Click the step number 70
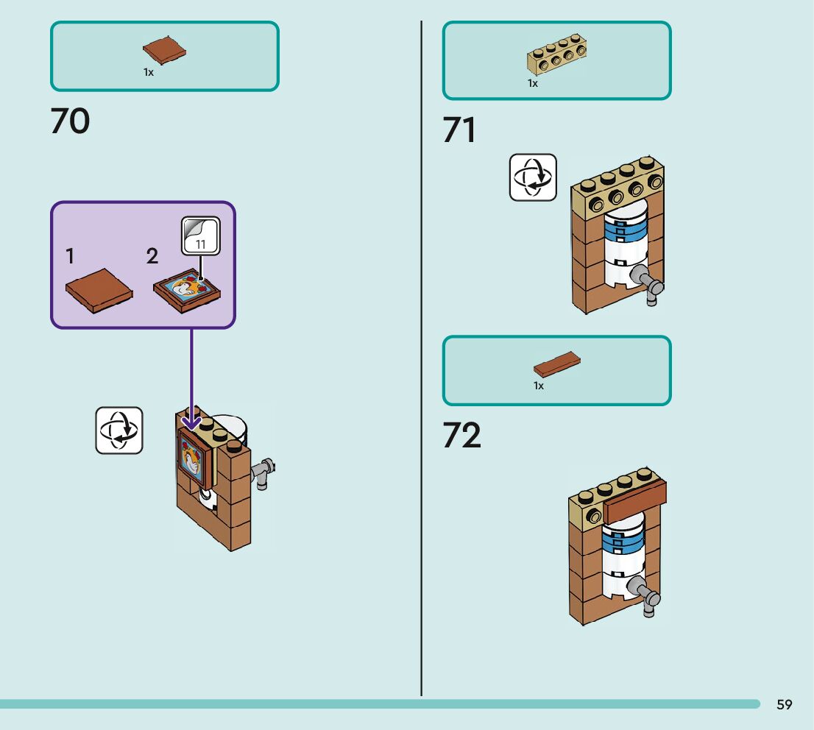pos(70,121)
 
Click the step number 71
pos(459,131)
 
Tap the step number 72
pos(461,436)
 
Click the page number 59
pos(785,705)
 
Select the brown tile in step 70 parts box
pos(164,51)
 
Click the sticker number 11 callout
pos(201,236)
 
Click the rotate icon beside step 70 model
pos(119,430)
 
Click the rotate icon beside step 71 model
pos(533,177)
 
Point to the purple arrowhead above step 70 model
pos(191,422)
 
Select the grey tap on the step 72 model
pos(648,596)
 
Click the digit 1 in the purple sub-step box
pos(70,256)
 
